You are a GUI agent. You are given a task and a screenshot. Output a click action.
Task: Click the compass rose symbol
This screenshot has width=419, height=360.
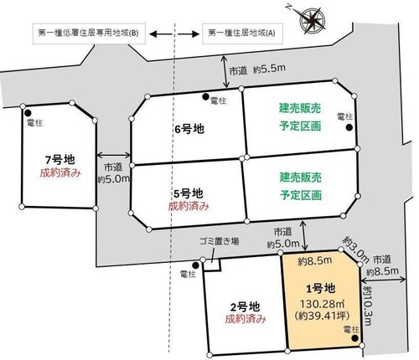(x=313, y=19)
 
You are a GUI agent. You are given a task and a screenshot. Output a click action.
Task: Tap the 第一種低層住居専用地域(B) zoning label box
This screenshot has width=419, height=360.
(x=89, y=33)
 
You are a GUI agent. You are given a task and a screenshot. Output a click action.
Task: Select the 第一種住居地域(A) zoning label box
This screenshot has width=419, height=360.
(x=242, y=33)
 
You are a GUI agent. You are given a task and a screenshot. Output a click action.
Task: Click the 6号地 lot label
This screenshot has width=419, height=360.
(x=189, y=129)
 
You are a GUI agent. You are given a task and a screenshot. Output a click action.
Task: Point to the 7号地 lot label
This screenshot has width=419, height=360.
(x=59, y=160)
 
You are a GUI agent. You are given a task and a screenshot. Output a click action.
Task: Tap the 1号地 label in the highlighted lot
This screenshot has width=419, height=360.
(x=320, y=288)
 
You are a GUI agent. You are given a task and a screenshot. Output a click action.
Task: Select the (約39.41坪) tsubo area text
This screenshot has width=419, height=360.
(x=322, y=316)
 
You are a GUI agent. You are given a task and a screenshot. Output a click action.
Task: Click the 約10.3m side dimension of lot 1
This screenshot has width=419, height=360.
(x=368, y=306)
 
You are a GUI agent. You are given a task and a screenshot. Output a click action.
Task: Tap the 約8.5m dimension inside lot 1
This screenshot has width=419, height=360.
(x=315, y=261)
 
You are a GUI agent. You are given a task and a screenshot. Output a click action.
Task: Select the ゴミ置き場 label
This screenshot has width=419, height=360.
(x=219, y=241)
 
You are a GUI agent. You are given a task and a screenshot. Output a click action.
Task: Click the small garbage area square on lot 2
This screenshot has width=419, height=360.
(x=212, y=265)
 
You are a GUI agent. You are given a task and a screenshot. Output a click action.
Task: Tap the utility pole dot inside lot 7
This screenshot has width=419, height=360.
(x=28, y=113)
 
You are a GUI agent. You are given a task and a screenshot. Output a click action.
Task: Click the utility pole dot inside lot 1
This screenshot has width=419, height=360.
(x=354, y=338)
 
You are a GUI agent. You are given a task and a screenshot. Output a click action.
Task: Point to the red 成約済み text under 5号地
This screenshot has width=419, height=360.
(x=189, y=206)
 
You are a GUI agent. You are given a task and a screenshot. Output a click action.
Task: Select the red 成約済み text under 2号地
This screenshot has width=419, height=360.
(x=246, y=318)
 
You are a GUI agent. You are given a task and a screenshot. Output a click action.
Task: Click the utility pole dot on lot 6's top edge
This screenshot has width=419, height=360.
(x=205, y=97)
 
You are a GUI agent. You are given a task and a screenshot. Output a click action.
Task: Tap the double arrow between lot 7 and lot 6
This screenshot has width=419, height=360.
(x=113, y=155)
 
